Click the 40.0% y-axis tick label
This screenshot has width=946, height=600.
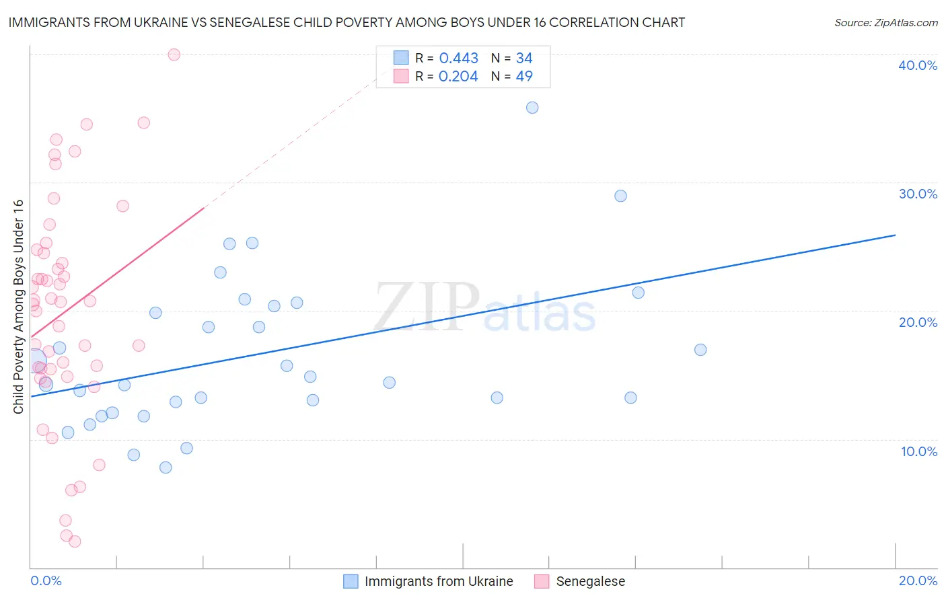click(918, 65)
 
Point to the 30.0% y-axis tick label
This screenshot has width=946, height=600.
click(918, 194)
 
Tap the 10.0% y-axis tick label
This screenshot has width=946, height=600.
click(919, 451)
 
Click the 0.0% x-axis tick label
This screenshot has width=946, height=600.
click(46, 580)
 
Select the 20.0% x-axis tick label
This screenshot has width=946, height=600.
click(918, 580)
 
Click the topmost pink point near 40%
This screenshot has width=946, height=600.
click(174, 54)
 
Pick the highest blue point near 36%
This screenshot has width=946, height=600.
click(532, 108)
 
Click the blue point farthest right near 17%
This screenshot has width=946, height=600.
click(700, 350)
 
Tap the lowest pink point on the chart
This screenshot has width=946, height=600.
click(75, 541)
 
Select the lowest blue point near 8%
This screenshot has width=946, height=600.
click(166, 467)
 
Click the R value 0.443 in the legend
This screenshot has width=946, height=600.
click(458, 59)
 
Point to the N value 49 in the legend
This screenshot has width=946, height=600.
click(524, 77)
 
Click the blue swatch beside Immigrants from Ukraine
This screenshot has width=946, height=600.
click(351, 581)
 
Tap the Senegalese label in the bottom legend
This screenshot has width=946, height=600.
click(590, 581)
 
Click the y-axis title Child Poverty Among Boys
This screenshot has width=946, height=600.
click(18, 307)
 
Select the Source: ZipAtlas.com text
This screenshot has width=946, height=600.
click(885, 23)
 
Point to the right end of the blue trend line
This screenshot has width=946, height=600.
click(895, 235)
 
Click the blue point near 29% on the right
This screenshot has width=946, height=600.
click(620, 196)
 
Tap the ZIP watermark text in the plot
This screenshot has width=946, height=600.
click(427, 307)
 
